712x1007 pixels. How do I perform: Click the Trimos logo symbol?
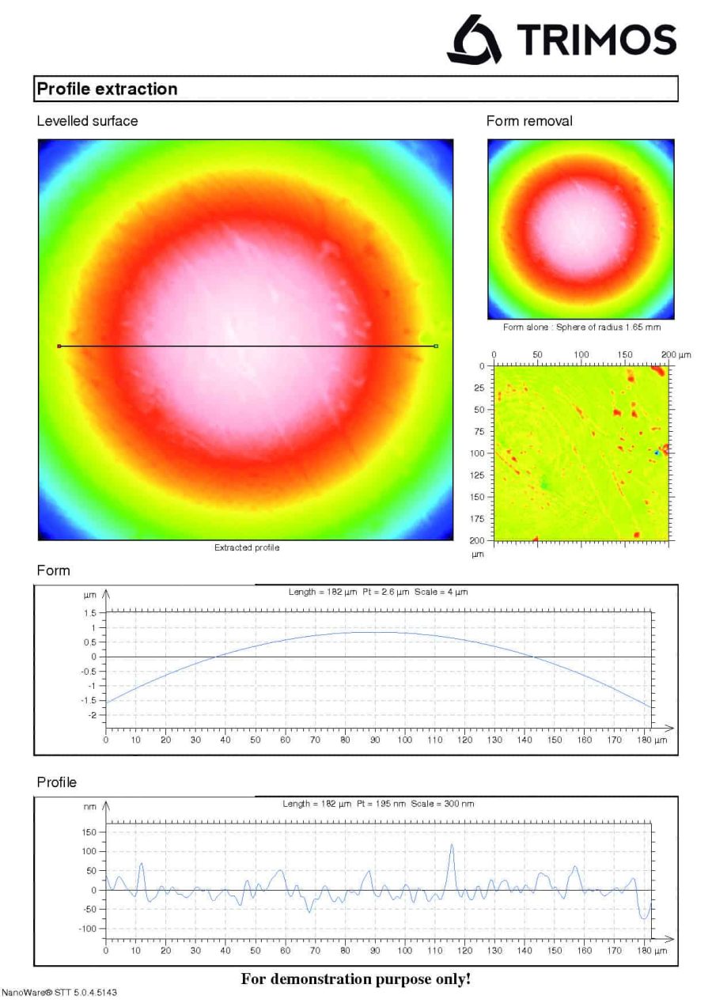point(474,39)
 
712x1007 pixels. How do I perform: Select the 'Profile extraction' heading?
point(108,89)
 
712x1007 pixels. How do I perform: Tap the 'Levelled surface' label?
point(87,121)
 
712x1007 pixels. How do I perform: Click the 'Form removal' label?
point(529,121)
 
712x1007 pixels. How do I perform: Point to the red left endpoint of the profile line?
point(59,346)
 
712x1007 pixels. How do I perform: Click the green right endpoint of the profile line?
point(436,346)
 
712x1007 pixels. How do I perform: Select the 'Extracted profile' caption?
point(246,547)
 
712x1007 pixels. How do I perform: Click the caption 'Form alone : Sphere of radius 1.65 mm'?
point(581,327)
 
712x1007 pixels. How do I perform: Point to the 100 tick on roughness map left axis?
point(478,453)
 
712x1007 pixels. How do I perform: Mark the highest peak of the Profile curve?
point(452,844)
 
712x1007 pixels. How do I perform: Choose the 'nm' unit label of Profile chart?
point(91,808)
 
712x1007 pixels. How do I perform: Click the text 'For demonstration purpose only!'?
point(355,979)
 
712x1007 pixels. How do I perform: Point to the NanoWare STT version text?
point(59,992)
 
